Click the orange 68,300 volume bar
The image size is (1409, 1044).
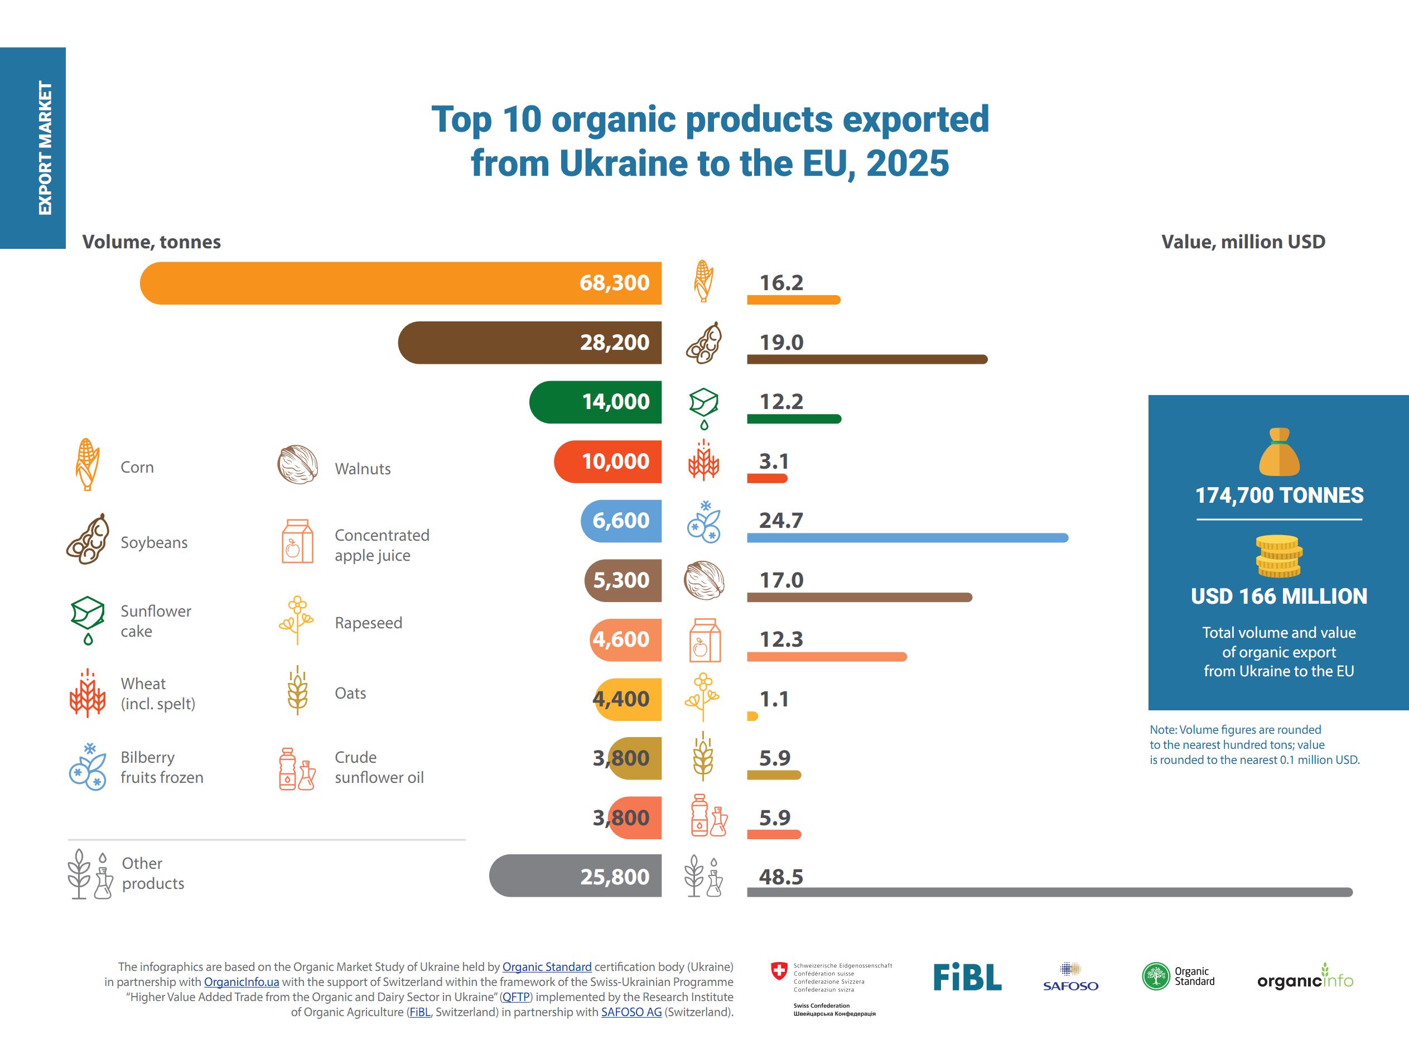[400, 283]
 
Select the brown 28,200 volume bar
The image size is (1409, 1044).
[530, 343]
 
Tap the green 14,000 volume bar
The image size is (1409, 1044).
[596, 402]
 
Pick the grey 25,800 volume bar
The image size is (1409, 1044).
[575, 876]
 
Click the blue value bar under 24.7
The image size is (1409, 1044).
[908, 538]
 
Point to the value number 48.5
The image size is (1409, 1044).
[781, 877]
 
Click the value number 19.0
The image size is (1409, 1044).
[781, 342]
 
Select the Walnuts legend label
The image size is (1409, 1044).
[363, 469]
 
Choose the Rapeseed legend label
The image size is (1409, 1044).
[368, 623]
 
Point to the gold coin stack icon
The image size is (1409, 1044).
[1279, 556]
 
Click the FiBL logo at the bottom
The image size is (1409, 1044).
[967, 977]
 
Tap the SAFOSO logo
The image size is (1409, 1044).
[1070, 977]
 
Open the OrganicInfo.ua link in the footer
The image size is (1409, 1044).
[242, 982]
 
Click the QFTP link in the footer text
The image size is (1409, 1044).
[516, 997]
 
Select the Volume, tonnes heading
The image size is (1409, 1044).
[152, 242]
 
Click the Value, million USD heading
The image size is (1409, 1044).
[1243, 242]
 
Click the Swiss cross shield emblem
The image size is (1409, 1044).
[779, 971]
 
